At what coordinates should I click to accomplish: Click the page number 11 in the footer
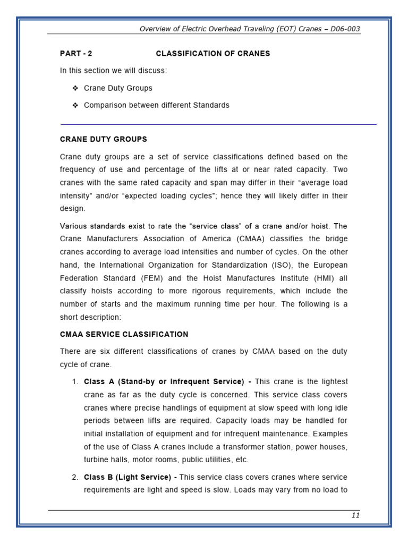355,515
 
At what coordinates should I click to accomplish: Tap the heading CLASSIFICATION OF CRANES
212,54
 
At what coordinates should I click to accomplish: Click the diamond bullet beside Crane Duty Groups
75,88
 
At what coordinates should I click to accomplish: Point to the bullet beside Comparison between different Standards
75,105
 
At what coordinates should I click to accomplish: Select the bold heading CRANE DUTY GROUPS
104,139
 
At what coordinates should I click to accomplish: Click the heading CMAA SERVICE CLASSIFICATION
124,334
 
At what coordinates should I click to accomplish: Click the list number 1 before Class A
75,382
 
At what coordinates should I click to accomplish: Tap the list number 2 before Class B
75,477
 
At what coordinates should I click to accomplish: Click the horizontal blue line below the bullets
218,124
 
